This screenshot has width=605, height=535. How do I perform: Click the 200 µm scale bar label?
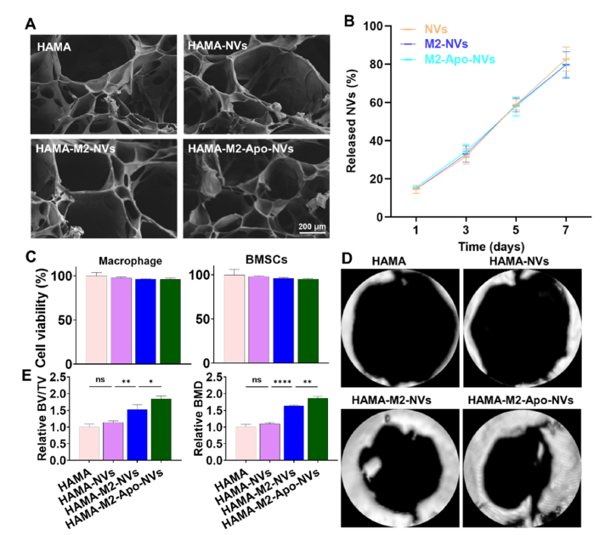tap(312, 226)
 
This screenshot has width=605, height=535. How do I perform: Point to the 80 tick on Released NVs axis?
tap(375, 64)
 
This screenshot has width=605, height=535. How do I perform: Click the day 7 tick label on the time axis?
tap(566, 231)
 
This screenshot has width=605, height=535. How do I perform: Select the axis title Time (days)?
tap(491, 247)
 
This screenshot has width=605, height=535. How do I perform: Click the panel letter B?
tap(348, 21)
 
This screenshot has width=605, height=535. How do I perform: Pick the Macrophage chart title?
tap(130, 261)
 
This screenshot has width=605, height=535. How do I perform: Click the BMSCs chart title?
tap(266, 259)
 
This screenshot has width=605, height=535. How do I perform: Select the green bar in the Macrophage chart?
tap(170, 321)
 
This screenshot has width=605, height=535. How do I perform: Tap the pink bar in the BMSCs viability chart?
tap(235, 319)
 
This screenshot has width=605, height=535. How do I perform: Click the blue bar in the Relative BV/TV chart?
tap(137, 435)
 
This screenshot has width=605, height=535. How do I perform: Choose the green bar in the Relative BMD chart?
tap(318, 430)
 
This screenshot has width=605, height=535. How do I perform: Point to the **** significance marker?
tap(282, 383)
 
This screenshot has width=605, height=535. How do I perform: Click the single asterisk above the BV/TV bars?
tap(151, 382)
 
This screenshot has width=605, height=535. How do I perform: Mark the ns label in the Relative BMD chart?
tap(257, 380)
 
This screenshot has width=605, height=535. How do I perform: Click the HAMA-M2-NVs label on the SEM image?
tap(76, 149)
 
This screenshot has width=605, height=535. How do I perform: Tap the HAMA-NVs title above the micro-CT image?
tap(518, 261)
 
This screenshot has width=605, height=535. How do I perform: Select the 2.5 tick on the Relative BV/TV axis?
tap(58, 377)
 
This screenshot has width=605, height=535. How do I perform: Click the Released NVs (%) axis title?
tap(351, 121)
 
